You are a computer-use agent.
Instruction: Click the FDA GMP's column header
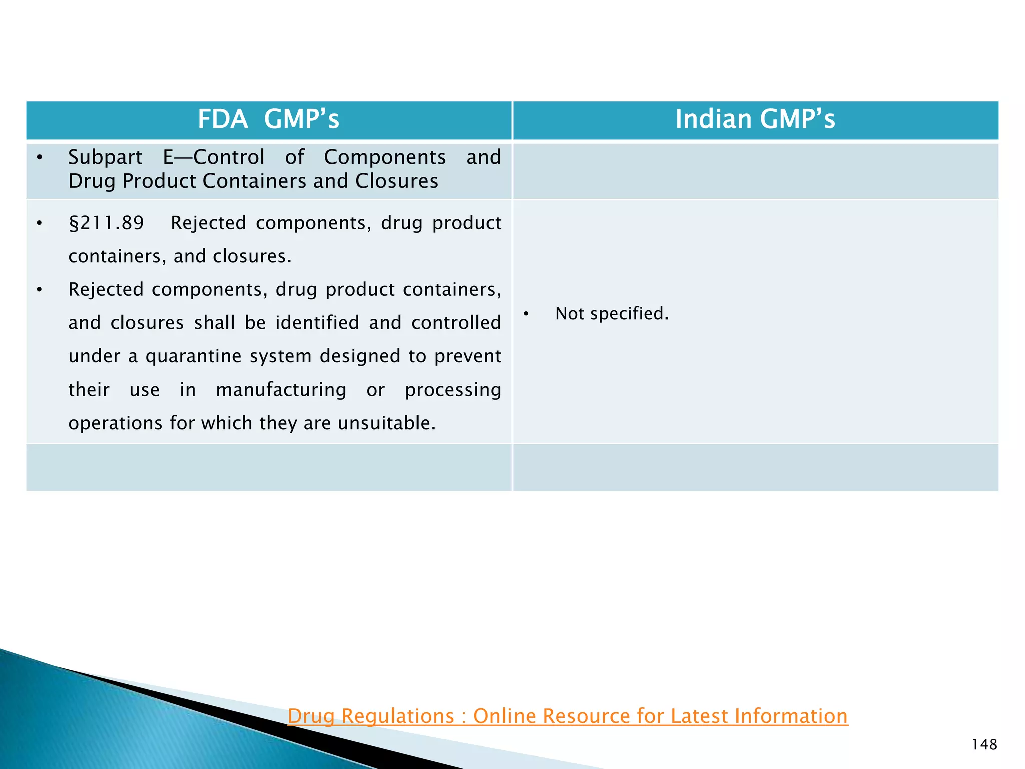(268, 119)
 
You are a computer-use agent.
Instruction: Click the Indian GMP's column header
(755, 119)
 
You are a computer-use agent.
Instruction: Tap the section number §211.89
(106, 223)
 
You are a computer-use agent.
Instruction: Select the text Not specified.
(612, 314)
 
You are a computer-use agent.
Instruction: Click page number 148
(984, 745)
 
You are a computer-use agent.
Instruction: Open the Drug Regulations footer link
(568, 716)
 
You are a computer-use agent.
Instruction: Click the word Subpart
(105, 158)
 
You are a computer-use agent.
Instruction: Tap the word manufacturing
(281, 390)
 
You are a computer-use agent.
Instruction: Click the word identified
(317, 323)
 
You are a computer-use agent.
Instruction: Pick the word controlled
(456, 323)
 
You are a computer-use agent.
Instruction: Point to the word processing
(453, 390)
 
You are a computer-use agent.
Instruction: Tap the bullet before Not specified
(526, 314)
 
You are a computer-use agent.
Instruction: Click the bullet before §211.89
(40, 223)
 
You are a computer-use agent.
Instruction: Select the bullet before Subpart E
(40, 158)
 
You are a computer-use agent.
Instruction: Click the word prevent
(467, 356)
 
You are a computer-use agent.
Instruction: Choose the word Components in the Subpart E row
(384, 158)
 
